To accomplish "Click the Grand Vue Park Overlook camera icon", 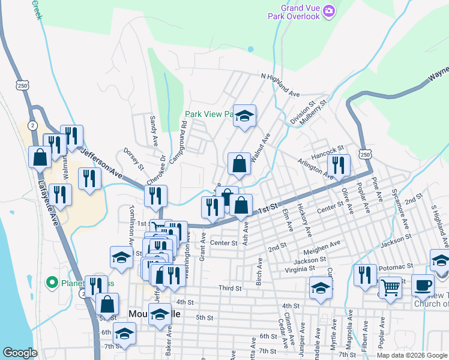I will tap(328, 11).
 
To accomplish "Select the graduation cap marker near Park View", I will tap(244, 116).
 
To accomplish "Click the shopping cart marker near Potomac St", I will tap(390, 288).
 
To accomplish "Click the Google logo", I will tap(20, 352).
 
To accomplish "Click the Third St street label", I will tap(230, 289).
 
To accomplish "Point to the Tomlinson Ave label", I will tap(131, 224).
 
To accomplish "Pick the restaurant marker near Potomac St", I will tap(365, 275).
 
